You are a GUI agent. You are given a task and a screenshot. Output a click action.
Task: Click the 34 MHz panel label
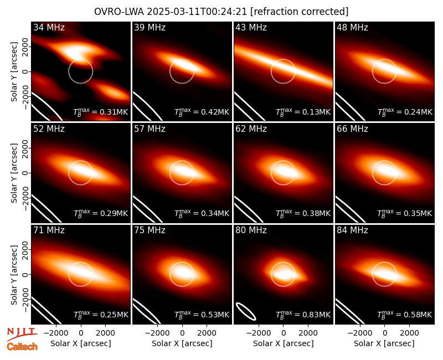tap(49, 27)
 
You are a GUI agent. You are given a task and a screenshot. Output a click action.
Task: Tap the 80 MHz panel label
tap(251, 230)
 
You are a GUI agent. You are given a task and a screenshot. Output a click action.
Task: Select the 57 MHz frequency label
tap(150, 129)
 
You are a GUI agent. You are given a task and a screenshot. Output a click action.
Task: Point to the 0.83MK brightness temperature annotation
tap(303, 315)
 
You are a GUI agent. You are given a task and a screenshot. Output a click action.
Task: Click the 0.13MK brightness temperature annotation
tap(303, 112)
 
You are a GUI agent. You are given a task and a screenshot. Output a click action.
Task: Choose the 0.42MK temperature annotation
tap(202, 112)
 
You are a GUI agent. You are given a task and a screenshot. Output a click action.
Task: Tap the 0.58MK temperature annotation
tap(405, 315)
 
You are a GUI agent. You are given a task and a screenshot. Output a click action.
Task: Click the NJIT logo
tap(22, 334)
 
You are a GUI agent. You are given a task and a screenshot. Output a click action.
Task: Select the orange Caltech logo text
tap(22, 347)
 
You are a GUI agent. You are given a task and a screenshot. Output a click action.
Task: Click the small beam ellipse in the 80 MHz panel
tap(246, 311)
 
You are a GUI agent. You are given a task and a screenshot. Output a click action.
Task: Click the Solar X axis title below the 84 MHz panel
tap(384, 343)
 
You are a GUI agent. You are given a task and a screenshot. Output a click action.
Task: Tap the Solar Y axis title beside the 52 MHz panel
tap(14, 173)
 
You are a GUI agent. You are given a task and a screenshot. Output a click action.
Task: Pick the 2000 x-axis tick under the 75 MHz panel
tap(207, 333)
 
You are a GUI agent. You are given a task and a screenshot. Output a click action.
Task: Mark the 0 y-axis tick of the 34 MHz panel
tap(25, 71)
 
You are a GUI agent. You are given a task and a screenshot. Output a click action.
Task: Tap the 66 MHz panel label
tap(352, 129)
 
